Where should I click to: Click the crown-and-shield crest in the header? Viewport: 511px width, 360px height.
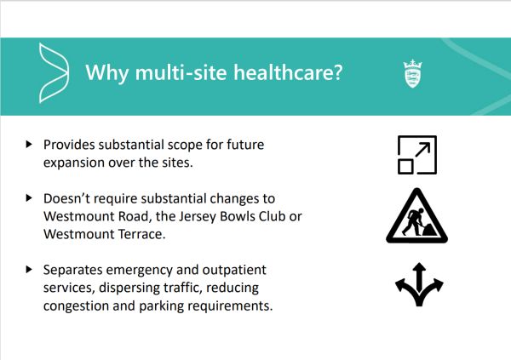pos(412,74)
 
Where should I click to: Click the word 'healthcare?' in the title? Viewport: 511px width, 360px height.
pos(288,72)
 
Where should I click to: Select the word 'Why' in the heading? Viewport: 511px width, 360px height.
pos(107,73)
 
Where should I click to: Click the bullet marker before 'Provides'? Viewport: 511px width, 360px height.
pos(29,144)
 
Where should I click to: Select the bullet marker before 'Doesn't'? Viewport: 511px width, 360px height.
pos(29,197)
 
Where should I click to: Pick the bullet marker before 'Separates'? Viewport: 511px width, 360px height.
pos(29,269)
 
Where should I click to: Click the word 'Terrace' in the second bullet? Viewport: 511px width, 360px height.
pos(141,234)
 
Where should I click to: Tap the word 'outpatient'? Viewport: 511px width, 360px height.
pos(234,270)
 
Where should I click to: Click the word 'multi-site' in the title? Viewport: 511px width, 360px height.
pos(181,72)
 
